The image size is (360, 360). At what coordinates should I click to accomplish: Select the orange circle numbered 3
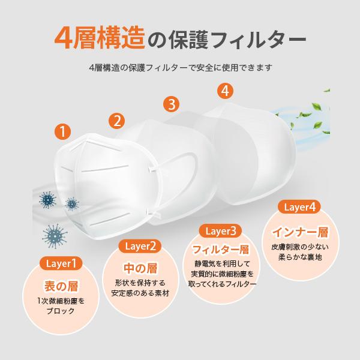coord(172,104)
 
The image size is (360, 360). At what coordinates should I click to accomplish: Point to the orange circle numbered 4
coord(224,91)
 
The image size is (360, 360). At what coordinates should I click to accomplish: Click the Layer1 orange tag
coord(62,263)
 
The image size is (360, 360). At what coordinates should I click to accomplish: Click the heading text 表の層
coord(62,285)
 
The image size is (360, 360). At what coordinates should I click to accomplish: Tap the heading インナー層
coord(298,230)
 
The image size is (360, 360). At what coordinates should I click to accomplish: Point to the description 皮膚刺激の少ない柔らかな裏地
coord(298,251)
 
